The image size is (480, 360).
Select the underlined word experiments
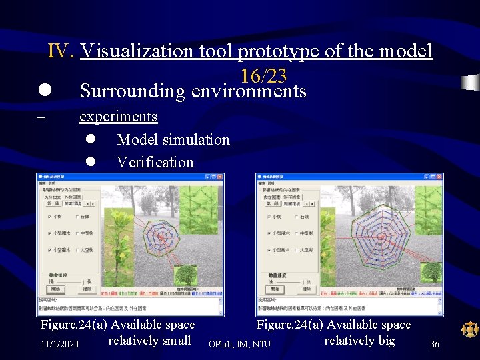tap(118, 116)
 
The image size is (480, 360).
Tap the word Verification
tap(155, 162)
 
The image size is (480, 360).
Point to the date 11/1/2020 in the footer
tap(59, 344)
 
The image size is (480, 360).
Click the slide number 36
tap(434, 344)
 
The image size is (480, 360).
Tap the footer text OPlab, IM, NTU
tap(239, 344)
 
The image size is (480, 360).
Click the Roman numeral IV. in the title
tap(61, 51)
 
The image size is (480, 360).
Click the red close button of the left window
tap(221, 177)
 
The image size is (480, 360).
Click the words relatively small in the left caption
tap(149, 341)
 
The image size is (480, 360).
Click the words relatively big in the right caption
tap(359, 341)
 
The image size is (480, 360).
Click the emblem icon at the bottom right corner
tap(470, 329)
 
